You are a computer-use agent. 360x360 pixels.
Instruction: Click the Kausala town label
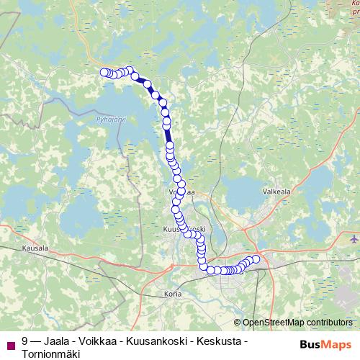(x=35, y=248)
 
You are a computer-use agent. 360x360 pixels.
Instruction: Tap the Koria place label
(x=173, y=293)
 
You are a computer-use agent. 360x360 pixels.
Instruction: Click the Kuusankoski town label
(x=186, y=229)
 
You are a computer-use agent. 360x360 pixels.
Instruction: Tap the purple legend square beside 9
(x=9, y=343)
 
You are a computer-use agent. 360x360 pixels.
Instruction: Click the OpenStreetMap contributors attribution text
(x=297, y=323)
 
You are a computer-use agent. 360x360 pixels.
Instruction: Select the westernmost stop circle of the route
(x=103, y=72)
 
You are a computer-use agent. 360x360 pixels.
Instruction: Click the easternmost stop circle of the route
(x=256, y=259)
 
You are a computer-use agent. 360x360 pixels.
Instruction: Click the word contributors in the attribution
(x=327, y=323)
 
